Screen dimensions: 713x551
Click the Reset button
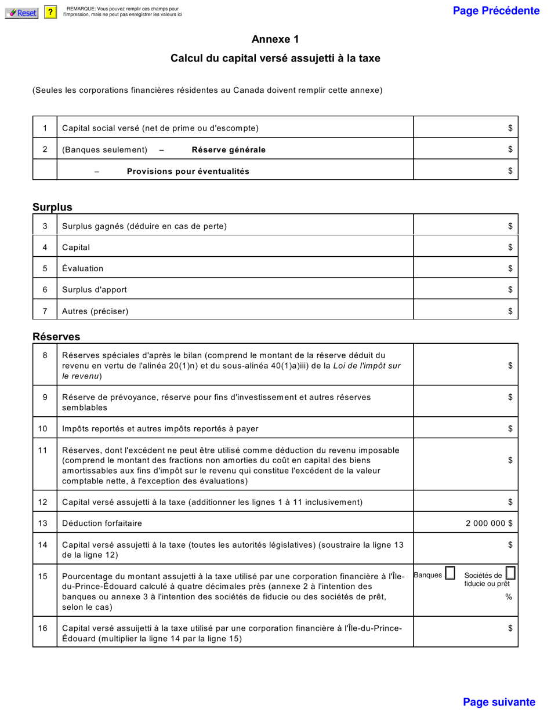coord(21,13)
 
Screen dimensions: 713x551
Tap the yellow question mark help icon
coord(50,13)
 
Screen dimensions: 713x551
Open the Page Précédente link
coord(496,11)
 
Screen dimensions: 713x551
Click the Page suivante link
coord(499,702)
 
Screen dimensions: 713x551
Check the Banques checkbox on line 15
coord(450,574)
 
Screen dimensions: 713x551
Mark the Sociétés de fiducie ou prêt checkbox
coord(510,573)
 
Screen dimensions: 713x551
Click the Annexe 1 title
coord(275,39)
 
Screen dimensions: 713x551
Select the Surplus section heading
coord(52,207)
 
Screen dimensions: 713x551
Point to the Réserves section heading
coord(56,337)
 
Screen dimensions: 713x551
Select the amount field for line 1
coord(465,128)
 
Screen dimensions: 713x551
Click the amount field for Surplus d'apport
coord(465,289)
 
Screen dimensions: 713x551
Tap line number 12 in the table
coord(44,501)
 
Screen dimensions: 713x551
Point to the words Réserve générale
coord(229,150)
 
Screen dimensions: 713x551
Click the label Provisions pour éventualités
coord(188,171)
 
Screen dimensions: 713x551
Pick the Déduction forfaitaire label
coord(101,523)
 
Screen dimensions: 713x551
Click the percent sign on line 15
coord(509,596)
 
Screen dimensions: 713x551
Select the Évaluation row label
coord(82,268)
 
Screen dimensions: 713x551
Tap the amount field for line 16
coord(465,628)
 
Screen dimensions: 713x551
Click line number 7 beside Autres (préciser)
coord(45,311)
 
